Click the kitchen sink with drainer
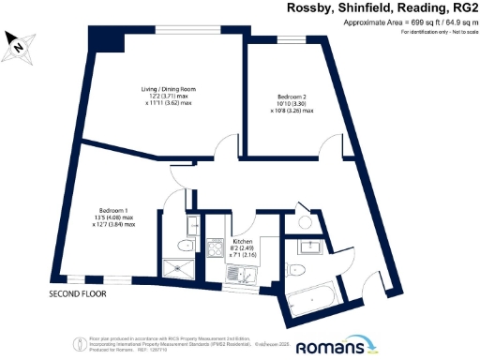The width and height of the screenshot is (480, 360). coord(242,274)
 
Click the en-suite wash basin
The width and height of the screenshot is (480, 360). coord(192,224)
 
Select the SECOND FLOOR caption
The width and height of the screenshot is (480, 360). coord(78,294)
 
